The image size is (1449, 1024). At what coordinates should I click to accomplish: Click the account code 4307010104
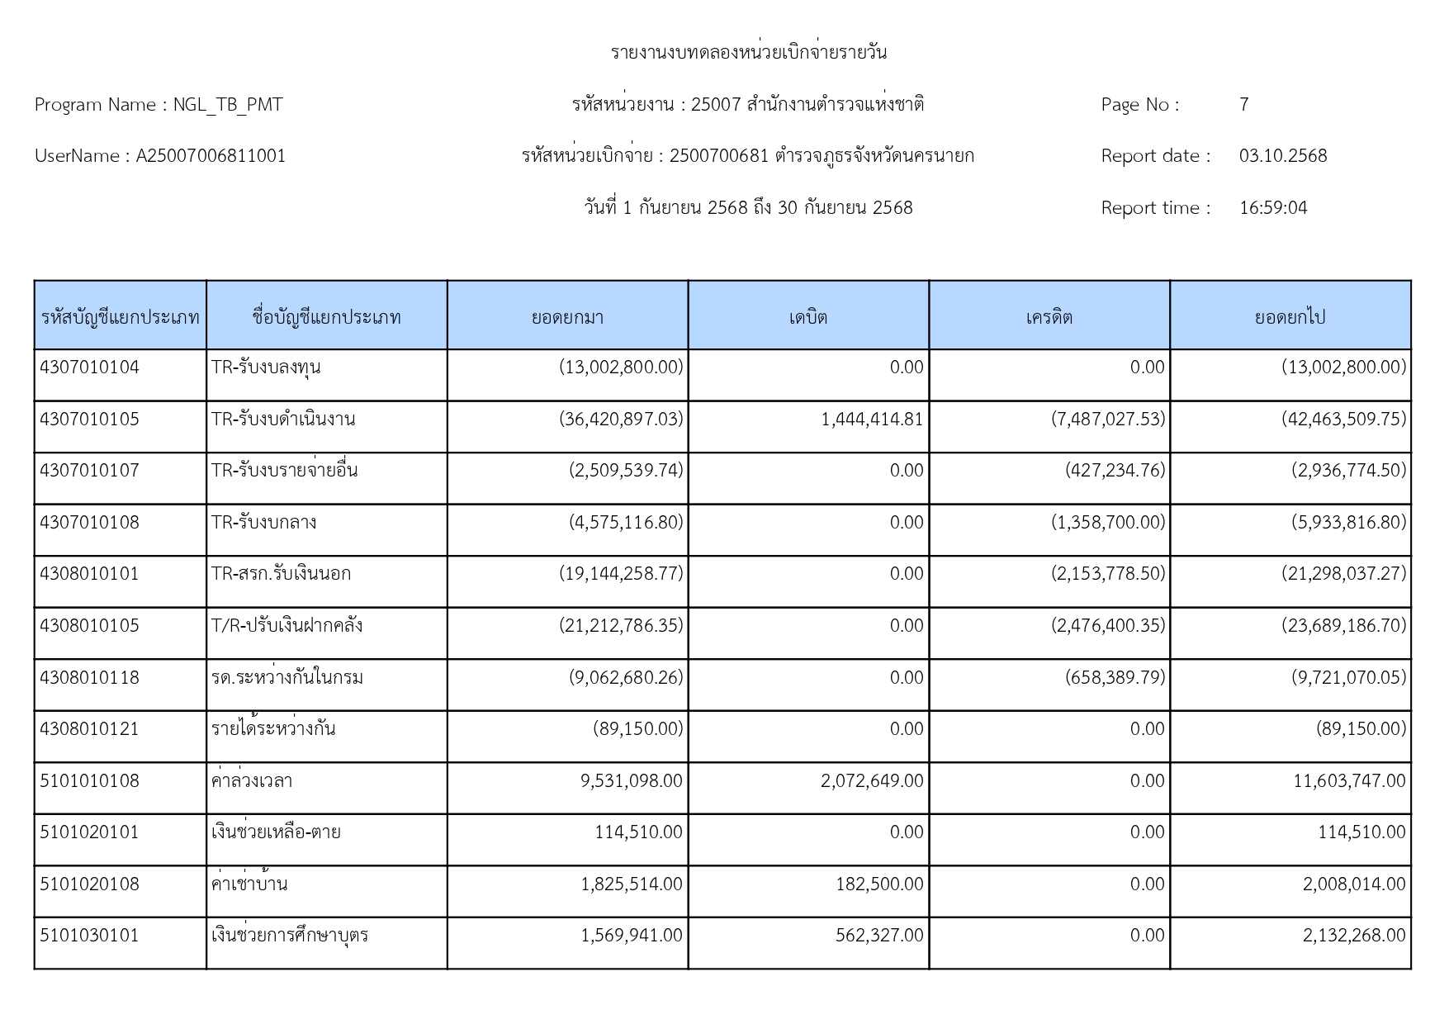point(90,367)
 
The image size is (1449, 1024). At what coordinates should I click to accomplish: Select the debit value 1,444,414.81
point(872,420)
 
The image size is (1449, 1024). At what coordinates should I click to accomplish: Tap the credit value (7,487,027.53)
point(1108,420)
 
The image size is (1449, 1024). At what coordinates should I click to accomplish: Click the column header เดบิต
point(807,317)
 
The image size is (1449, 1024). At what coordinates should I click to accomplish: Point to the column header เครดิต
point(1049,317)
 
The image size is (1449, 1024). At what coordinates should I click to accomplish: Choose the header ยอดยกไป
point(1290,317)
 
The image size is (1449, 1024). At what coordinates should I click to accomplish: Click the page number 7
point(1243,105)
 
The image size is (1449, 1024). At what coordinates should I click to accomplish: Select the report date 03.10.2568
point(1282,156)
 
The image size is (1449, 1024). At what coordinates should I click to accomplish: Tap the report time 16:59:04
point(1273,208)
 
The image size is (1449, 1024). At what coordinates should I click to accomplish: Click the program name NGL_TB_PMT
point(227,105)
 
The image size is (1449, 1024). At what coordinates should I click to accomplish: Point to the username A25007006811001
point(211,156)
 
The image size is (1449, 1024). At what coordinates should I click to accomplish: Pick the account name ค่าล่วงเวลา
point(252,781)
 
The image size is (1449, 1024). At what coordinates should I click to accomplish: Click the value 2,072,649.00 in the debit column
point(872,781)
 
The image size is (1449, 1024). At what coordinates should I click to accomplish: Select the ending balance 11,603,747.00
point(1349,781)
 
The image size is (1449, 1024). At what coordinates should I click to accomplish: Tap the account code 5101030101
point(90,936)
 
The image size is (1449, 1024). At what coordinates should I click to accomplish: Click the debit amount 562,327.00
point(879,936)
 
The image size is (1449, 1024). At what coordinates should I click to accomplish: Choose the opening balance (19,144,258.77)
point(621,574)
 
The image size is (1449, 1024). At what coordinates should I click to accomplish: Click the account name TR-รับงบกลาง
point(264,523)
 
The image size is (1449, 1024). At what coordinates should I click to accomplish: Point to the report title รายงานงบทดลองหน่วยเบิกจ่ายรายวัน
point(749,53)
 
